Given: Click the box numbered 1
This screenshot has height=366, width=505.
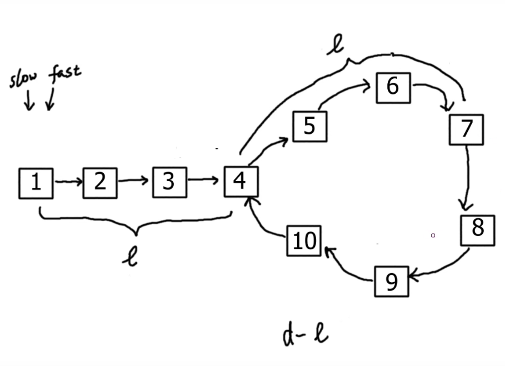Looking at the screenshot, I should coord(36,182).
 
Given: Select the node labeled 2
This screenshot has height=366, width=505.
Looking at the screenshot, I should coord(100,182).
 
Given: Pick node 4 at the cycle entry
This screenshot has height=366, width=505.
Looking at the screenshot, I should coord(240,181).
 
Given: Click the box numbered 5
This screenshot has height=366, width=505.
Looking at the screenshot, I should coord(309,126).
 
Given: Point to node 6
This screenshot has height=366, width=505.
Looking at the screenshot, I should coord(393,87).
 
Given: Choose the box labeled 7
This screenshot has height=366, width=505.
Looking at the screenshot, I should coord(466,129).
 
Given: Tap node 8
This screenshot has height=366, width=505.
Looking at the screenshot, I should coord(477,228).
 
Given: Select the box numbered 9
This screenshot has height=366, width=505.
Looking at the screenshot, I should coord(392,282).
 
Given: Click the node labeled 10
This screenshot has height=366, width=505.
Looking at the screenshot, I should coord(304,241).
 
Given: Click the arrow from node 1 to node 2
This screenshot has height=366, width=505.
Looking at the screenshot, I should coord(68,182).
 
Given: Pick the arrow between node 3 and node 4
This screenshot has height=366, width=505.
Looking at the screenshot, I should coord(206,180).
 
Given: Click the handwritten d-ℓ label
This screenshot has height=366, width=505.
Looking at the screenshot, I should coord(305,335).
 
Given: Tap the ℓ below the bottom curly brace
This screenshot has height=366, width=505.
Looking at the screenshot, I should coord(132,255).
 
